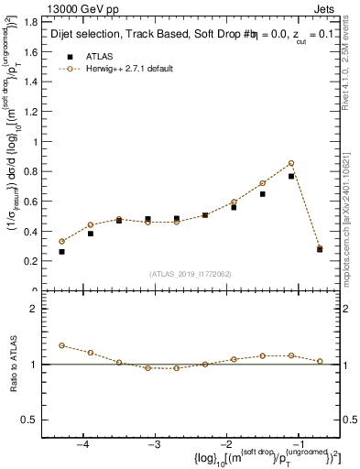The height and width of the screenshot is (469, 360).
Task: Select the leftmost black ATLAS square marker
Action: (61, 251)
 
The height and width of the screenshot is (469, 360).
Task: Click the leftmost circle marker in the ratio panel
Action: (61, 345)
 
